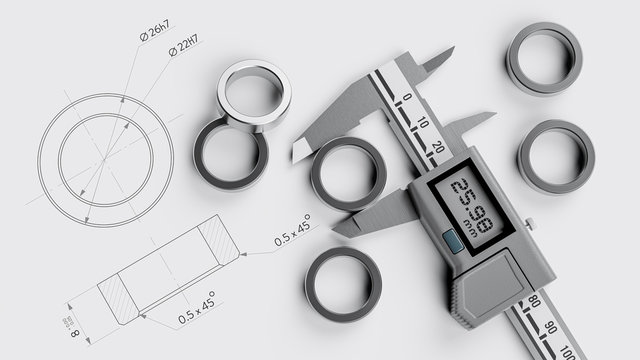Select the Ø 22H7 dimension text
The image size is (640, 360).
[184, 45]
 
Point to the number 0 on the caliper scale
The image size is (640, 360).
[407, 97]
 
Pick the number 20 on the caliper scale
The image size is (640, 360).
[439, 147]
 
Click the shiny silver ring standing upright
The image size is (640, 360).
[254, 94]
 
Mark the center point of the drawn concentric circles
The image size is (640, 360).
[104, 159]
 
